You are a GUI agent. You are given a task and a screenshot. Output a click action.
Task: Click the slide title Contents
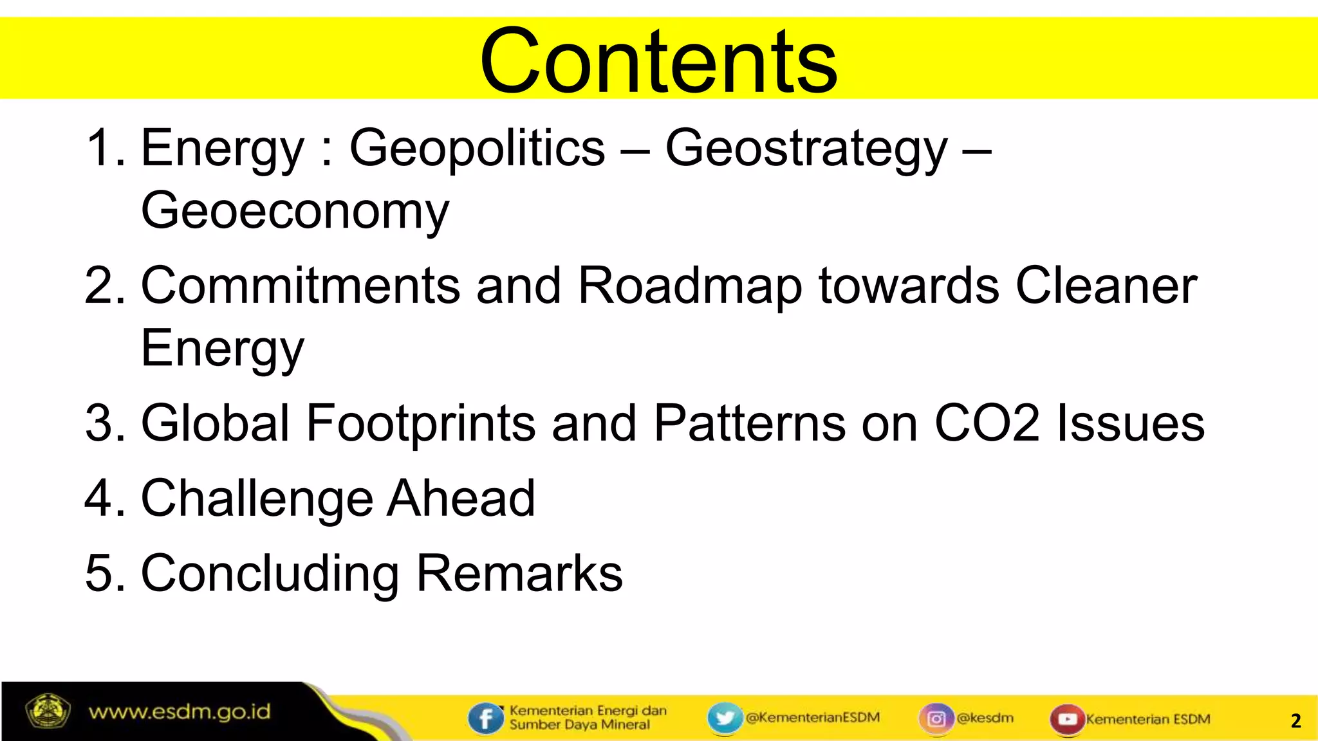pos(658,61)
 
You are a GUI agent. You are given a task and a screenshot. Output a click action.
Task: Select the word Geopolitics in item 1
pos(477,148)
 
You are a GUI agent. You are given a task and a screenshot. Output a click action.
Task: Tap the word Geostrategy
pos(806,148)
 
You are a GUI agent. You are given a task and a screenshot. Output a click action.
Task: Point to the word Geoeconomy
pos(295,210)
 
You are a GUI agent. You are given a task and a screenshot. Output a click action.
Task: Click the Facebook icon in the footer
pos(486,718)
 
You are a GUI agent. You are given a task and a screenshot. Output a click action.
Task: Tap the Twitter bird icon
pos(725,718)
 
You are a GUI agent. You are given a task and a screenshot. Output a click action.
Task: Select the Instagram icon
pos(936,718)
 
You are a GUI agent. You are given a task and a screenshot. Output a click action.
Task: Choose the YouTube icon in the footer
pos(1067,719)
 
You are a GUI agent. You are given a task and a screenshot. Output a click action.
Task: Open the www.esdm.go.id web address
pos(180,712)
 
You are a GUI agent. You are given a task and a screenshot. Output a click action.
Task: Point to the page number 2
pos(1295,720)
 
